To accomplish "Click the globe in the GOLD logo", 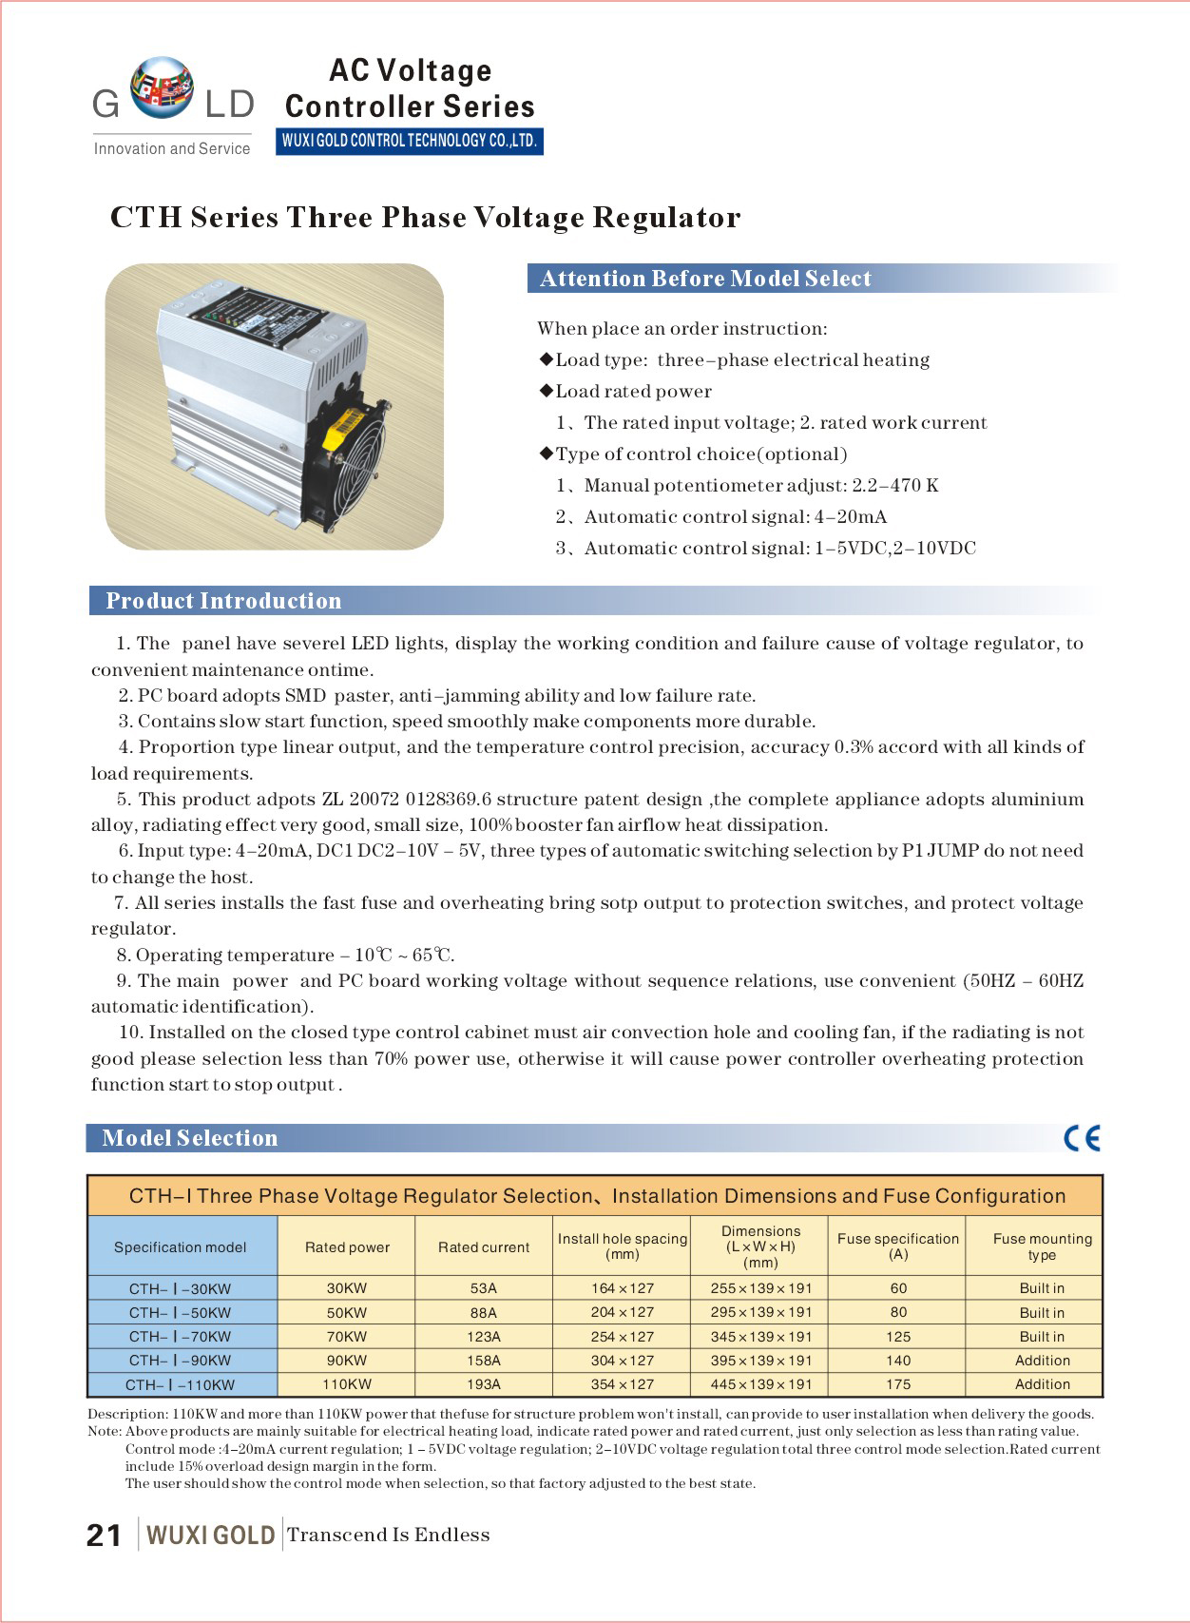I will pyautogui.click(x=162, y=87).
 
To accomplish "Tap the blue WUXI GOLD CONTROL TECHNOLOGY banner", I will pyautogui.click(x=409, y=141).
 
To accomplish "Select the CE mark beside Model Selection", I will pyautogui.click(x=1082, y=1138).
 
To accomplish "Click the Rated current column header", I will pyautogui.click(x=484, y=1246).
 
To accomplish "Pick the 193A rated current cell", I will pyautogui.click(x=484, y=1384).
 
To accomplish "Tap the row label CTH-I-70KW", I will pyautogui.click(x=181, y=1337).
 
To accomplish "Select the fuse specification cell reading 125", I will pyautogui.click(x=898, y=1337).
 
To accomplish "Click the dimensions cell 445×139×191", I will pyautogui.click(x=761, y=1384).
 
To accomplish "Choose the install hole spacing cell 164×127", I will pyautogui.click(x=623, y=1288).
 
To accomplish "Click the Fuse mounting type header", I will pyautogui.click(x=1042, y=1246).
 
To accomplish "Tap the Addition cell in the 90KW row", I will pyautogui.click(x=1042, y=1361).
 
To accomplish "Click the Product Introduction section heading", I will pyautogui.click(x=223, y=601).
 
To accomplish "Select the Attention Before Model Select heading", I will pyautogui.click(x=705, y=279).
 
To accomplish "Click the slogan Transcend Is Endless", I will pyautogui.click(x=389, y=1535).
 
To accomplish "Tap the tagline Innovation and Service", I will pyautogui.click(x=172, y=148).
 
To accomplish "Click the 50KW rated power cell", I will pyautogui.click(x=347, y=1312).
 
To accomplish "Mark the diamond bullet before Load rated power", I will pyautogui.click(x=546, y=391).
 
